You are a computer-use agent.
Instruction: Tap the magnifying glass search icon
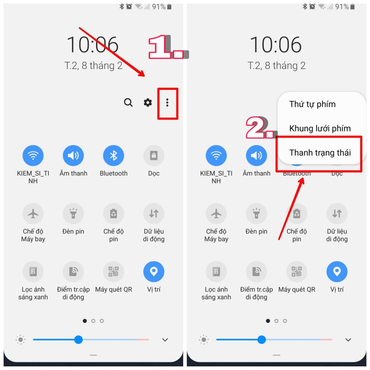pos(128,103)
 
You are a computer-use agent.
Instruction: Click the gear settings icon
pos(148,103)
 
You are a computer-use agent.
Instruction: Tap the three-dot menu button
pos(167,103)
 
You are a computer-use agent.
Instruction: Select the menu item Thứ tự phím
pos(313,104)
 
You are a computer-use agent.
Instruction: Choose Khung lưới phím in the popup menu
pos(320,128)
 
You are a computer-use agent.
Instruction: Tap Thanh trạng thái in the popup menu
pos(320,153)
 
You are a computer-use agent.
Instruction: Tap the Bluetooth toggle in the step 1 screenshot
pos(113,155)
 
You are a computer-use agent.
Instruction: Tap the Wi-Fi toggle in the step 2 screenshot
pos(216,155)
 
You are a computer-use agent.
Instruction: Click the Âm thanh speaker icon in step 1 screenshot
pos(73,155)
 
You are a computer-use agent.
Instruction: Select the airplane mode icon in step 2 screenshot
pos(216,214)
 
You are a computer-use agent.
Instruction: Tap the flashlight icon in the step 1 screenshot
pos(73,214)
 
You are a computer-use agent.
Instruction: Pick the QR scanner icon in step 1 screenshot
pos(113,272)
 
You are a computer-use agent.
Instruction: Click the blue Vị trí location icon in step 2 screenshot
pos(337,272)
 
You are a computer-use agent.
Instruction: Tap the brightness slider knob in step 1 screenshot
pos(78,340)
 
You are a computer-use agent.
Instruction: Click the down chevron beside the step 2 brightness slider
pos(348,340)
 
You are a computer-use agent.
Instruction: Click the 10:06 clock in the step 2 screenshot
pos(276,45)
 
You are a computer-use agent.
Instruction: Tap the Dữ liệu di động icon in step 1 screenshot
pos(154,214)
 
